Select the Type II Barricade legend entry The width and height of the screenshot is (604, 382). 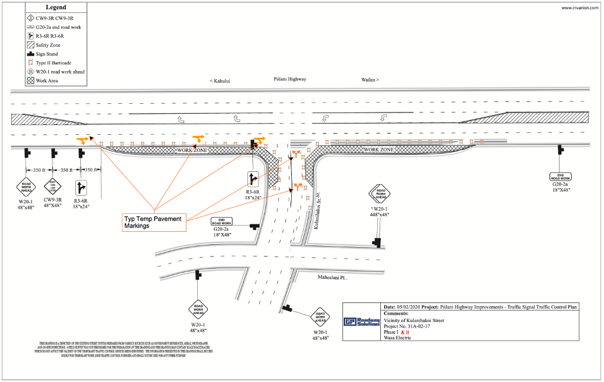[53, 62]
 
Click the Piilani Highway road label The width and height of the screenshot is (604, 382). [290, 79]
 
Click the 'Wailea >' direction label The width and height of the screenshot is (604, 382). [370, 80]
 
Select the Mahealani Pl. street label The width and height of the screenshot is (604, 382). [333, 278]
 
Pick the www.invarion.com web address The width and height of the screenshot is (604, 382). [579, 8]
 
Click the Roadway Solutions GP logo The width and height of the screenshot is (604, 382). [362, 322]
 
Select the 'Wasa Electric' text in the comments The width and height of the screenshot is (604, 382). [398, 338]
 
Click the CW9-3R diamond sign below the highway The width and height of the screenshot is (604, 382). [53, 186]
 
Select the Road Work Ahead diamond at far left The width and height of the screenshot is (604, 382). [26, 186]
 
